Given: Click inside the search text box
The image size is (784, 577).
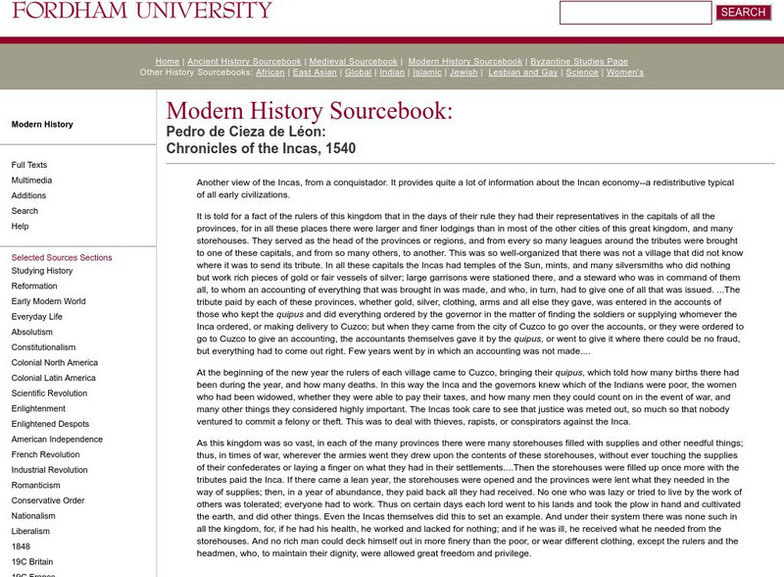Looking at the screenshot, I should point(635,13).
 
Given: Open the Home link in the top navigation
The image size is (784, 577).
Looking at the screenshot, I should point(167,61).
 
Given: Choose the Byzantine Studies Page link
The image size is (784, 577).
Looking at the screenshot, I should point(579,61).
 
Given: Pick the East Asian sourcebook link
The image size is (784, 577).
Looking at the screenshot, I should point(315,73).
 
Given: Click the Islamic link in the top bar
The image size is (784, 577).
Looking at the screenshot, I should point(427,73).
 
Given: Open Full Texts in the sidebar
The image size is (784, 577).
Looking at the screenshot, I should point(29,165).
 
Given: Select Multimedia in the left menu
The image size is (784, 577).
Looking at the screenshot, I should point(32,181).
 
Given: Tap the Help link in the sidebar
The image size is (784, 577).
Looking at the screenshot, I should point(20,226).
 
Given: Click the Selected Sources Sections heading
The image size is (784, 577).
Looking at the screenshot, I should point(62,257).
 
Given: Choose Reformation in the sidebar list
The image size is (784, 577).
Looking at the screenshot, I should point(34,286).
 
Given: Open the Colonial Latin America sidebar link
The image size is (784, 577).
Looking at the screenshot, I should point(54,378).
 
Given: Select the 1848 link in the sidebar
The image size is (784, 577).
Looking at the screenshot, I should point(21,546).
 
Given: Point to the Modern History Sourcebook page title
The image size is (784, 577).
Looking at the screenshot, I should point(310,111).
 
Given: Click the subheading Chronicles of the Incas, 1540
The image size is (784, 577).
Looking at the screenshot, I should point(261,148).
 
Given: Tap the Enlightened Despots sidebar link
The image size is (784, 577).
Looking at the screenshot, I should point(51,423).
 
